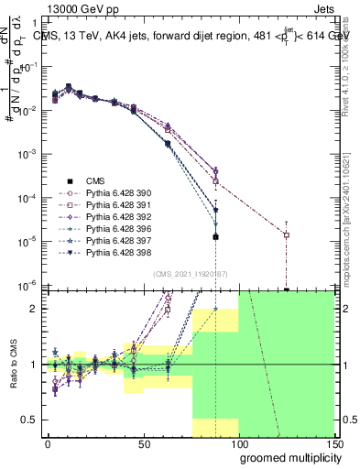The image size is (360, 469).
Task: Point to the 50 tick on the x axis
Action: pos(144,444)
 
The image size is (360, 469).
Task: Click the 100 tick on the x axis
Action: pos(239,444)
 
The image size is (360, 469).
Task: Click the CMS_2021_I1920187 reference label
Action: pos(189,273)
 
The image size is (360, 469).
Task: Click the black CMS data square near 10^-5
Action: pos(215,237)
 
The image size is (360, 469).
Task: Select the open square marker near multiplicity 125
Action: pos(287,234)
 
